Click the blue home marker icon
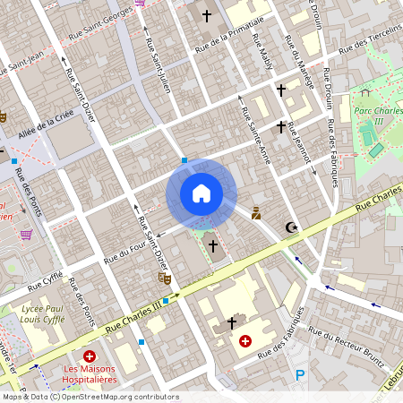tap(201, 193)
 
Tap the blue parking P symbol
tap(300, 375)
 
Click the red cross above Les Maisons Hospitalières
tap(89, 356)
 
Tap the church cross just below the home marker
tap(212, 244)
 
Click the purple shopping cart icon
tap(27, 235)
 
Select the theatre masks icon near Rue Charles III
tap(164, 279)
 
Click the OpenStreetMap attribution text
tap(90, 397)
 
